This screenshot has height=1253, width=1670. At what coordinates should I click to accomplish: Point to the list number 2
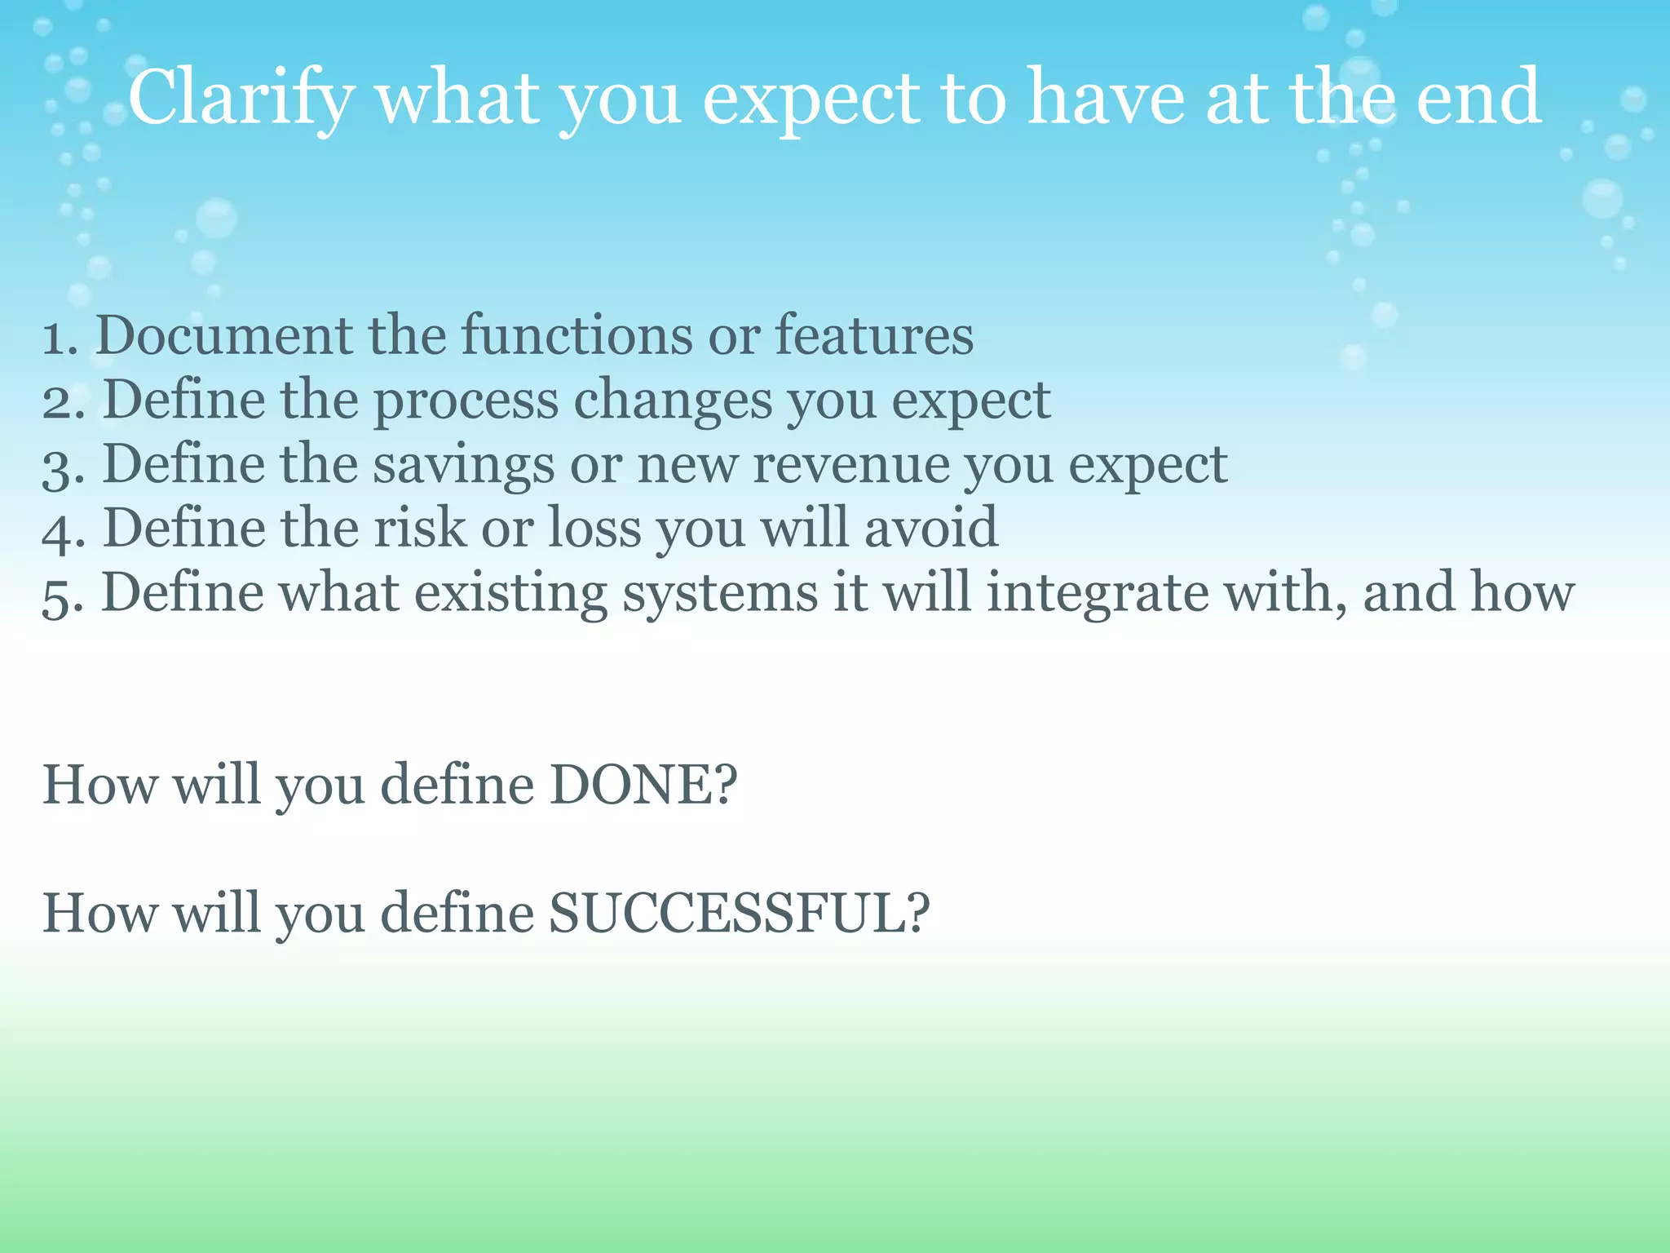pos(61,401)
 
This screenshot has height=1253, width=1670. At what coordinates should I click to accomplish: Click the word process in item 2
pos(466,401)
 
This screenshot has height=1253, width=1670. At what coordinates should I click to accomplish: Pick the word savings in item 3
pos(463,465)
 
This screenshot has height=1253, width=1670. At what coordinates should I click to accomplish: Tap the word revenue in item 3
pos(850,465)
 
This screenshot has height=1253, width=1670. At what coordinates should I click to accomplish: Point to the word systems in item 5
pos(720,593)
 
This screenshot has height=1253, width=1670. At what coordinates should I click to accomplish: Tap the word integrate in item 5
pos(1098,593)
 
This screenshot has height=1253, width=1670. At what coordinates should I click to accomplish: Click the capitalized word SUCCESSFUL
pos(737,914)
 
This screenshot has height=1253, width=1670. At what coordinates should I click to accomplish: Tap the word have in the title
pos(1106,98)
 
